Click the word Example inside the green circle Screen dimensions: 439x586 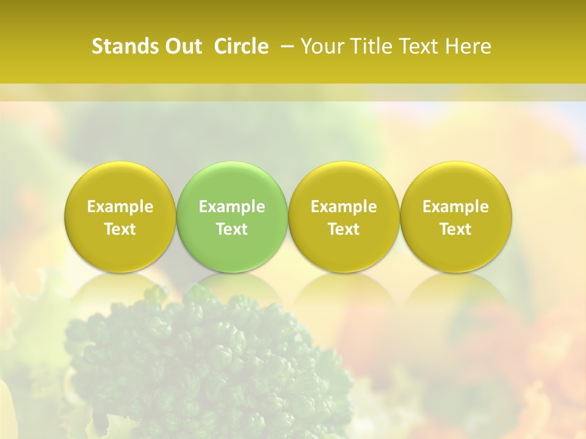[x=232, y=207]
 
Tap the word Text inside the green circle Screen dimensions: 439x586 [x=232, y=229]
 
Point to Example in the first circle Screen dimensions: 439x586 [x=120, y=207]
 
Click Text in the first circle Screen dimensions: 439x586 [x=120, y=229]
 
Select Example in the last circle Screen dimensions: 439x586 [x=455, y=207]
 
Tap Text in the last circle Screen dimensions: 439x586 [x=455, y=229]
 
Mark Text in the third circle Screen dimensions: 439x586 [x=344, y=229]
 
